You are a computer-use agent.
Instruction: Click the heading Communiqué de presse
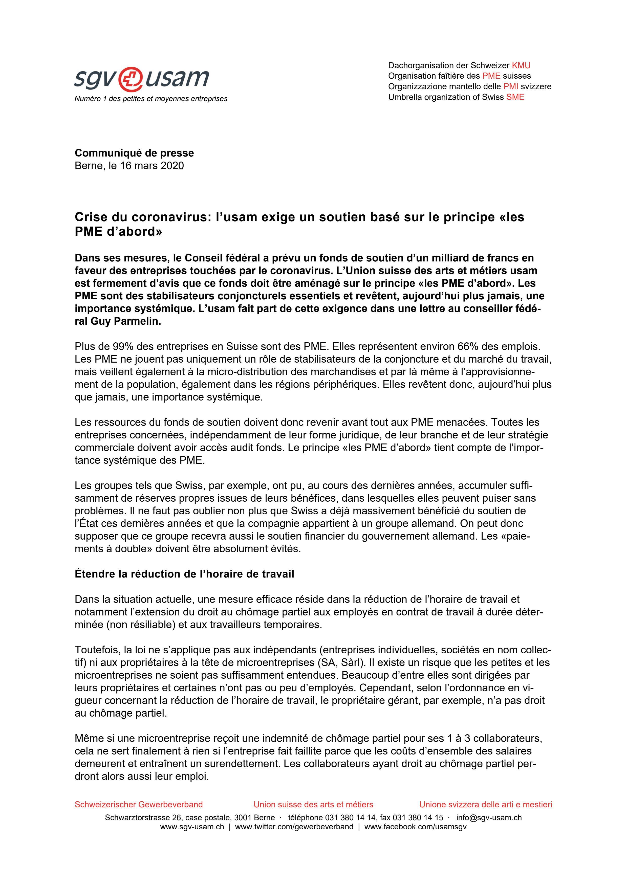(x=134, y=153)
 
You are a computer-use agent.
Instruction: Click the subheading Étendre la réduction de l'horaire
(x=184, y=574)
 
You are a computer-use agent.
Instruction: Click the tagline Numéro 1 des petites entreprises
(x=151, y=99)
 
